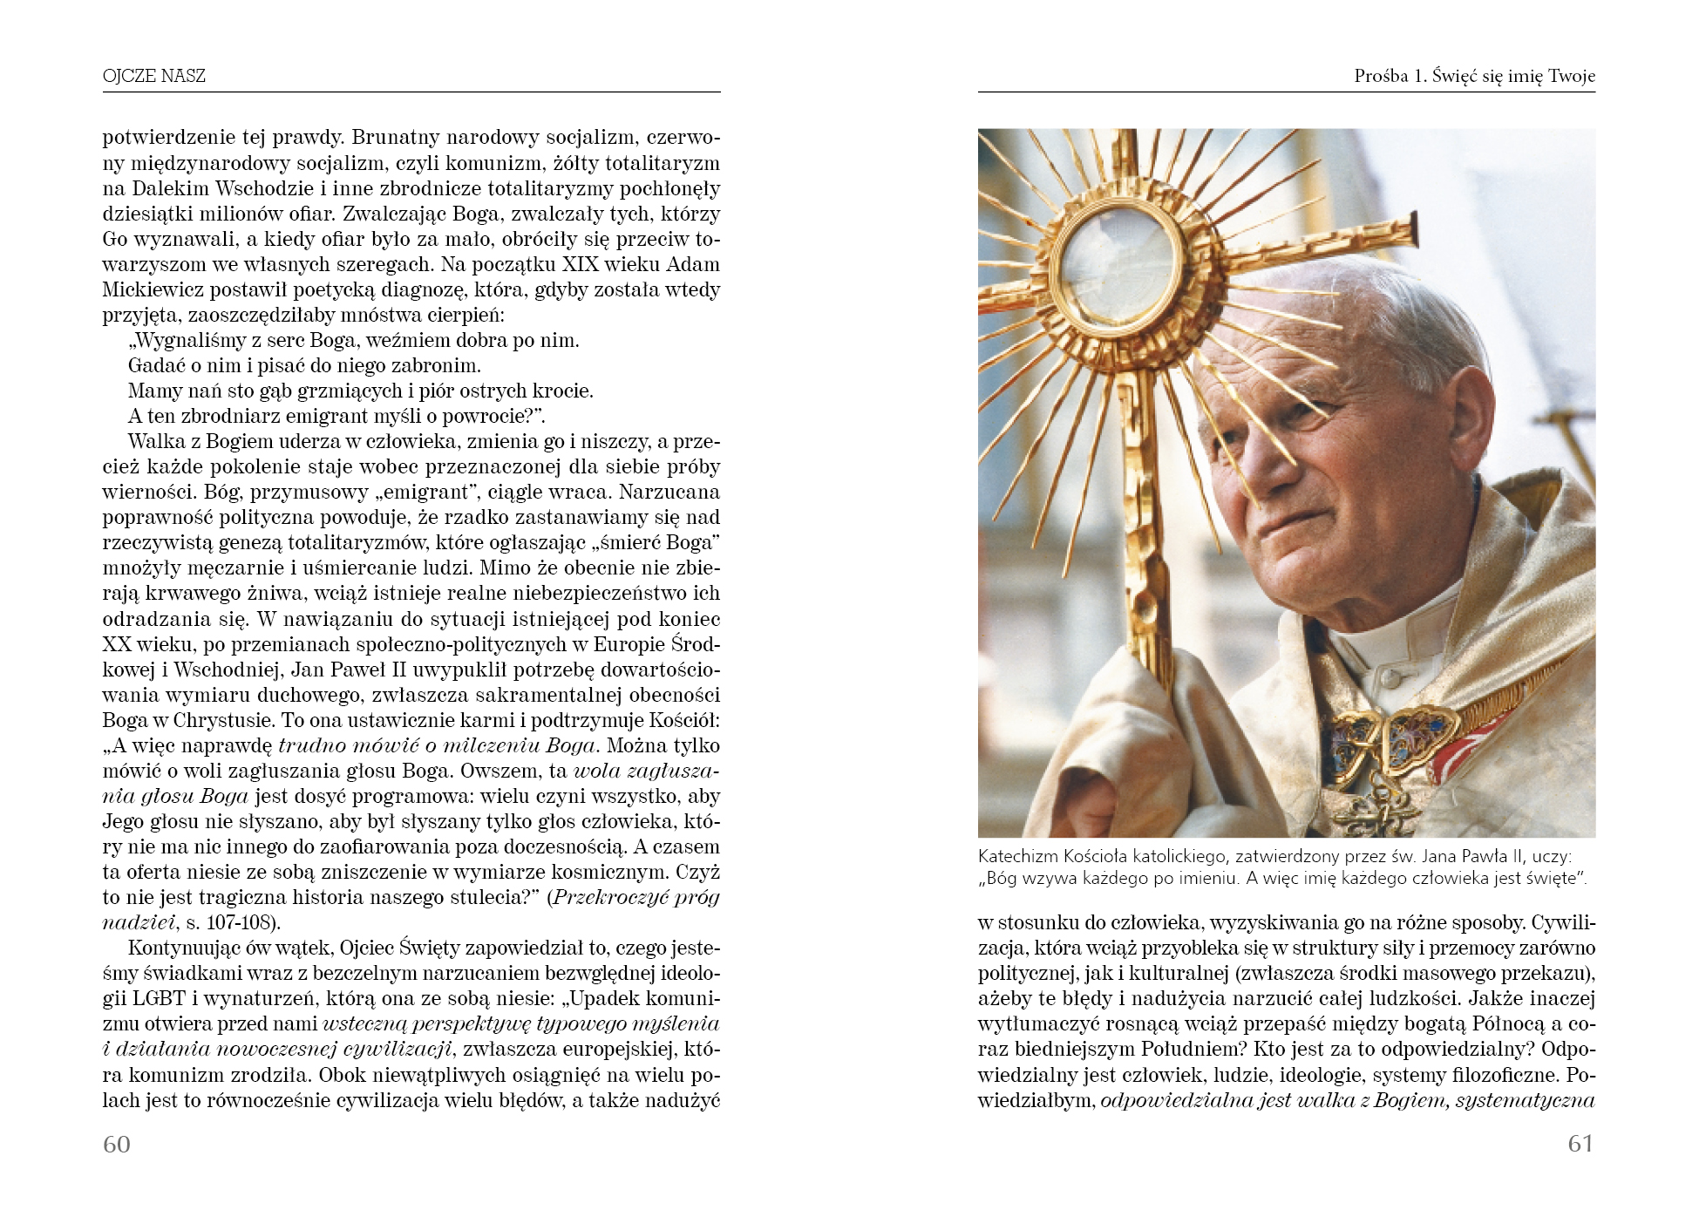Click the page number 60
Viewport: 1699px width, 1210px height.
coord(117,1144)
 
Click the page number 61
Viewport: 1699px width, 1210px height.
coord(1580,1144)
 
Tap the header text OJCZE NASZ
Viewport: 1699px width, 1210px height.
coord(154,76)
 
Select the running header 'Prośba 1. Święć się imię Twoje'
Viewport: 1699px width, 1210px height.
coord(1474,76)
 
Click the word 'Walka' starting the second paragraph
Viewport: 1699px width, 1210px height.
coord(153,442)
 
